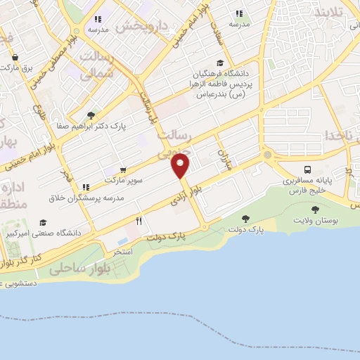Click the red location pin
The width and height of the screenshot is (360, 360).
[x=181, y=166]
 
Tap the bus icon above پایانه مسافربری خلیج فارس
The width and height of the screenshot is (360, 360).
[x=307, y=169]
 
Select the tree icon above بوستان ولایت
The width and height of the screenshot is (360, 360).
[x=314, y=209]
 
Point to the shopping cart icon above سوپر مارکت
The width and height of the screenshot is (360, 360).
[x=123, y=169]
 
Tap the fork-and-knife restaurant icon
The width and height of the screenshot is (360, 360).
[x=139, y=221]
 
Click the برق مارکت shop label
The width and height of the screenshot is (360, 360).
[x=18, y=67]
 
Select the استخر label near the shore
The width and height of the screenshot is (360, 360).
[x=114, y=250]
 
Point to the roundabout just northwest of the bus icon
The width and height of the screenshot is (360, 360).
[x=267, y=154]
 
